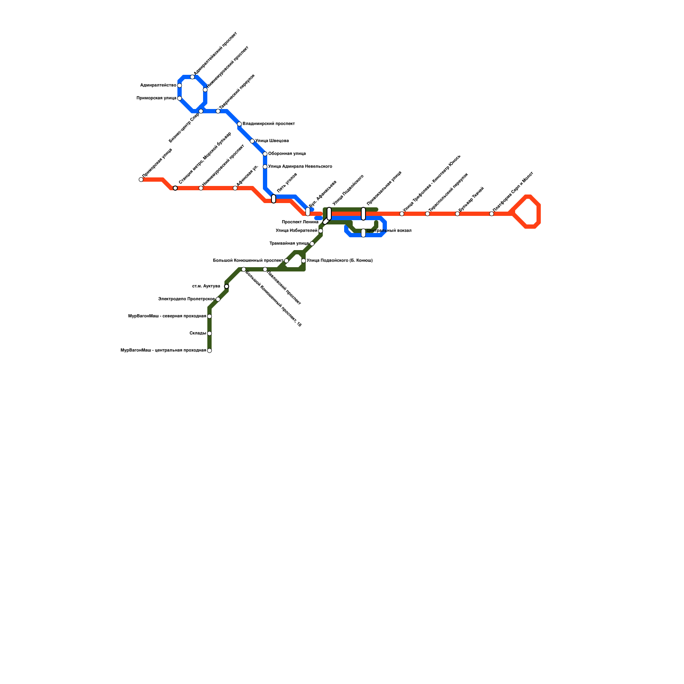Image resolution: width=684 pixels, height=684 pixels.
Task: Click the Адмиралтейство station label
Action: point(158,85)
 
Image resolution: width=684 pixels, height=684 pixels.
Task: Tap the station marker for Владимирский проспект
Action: point(239,124)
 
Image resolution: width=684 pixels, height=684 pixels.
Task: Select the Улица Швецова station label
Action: point(272,141)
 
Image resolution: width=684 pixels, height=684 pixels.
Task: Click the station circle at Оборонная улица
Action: point(265,154)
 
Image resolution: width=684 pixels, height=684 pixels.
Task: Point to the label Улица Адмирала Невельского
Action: point(300,167)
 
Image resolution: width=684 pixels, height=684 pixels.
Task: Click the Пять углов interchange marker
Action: point(274,199)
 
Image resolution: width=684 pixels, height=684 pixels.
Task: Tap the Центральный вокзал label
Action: point(389,231)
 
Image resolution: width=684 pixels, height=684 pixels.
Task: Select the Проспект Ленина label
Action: point(300,222)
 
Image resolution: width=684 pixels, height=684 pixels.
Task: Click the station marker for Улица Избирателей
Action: point(321,231)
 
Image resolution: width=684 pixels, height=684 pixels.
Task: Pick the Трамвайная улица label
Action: point(289,244)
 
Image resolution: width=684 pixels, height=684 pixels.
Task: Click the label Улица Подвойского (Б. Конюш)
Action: point(339,261)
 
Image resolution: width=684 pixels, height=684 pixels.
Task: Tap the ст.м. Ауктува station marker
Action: point(227,286)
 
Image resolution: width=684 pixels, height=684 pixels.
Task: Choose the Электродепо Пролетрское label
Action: point(186,299)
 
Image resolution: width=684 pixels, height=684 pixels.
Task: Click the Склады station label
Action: point(198,333)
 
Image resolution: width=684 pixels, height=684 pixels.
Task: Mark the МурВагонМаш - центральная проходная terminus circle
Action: point(209,351)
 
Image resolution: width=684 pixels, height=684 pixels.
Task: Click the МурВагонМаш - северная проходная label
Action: point(167,316)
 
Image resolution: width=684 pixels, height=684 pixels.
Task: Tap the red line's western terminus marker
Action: point(141,180)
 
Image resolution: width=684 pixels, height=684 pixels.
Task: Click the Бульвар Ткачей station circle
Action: point(457,214)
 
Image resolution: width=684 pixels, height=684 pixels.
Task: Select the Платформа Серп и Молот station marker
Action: point(492,214)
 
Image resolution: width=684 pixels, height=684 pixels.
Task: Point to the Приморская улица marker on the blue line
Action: point(180,98)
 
